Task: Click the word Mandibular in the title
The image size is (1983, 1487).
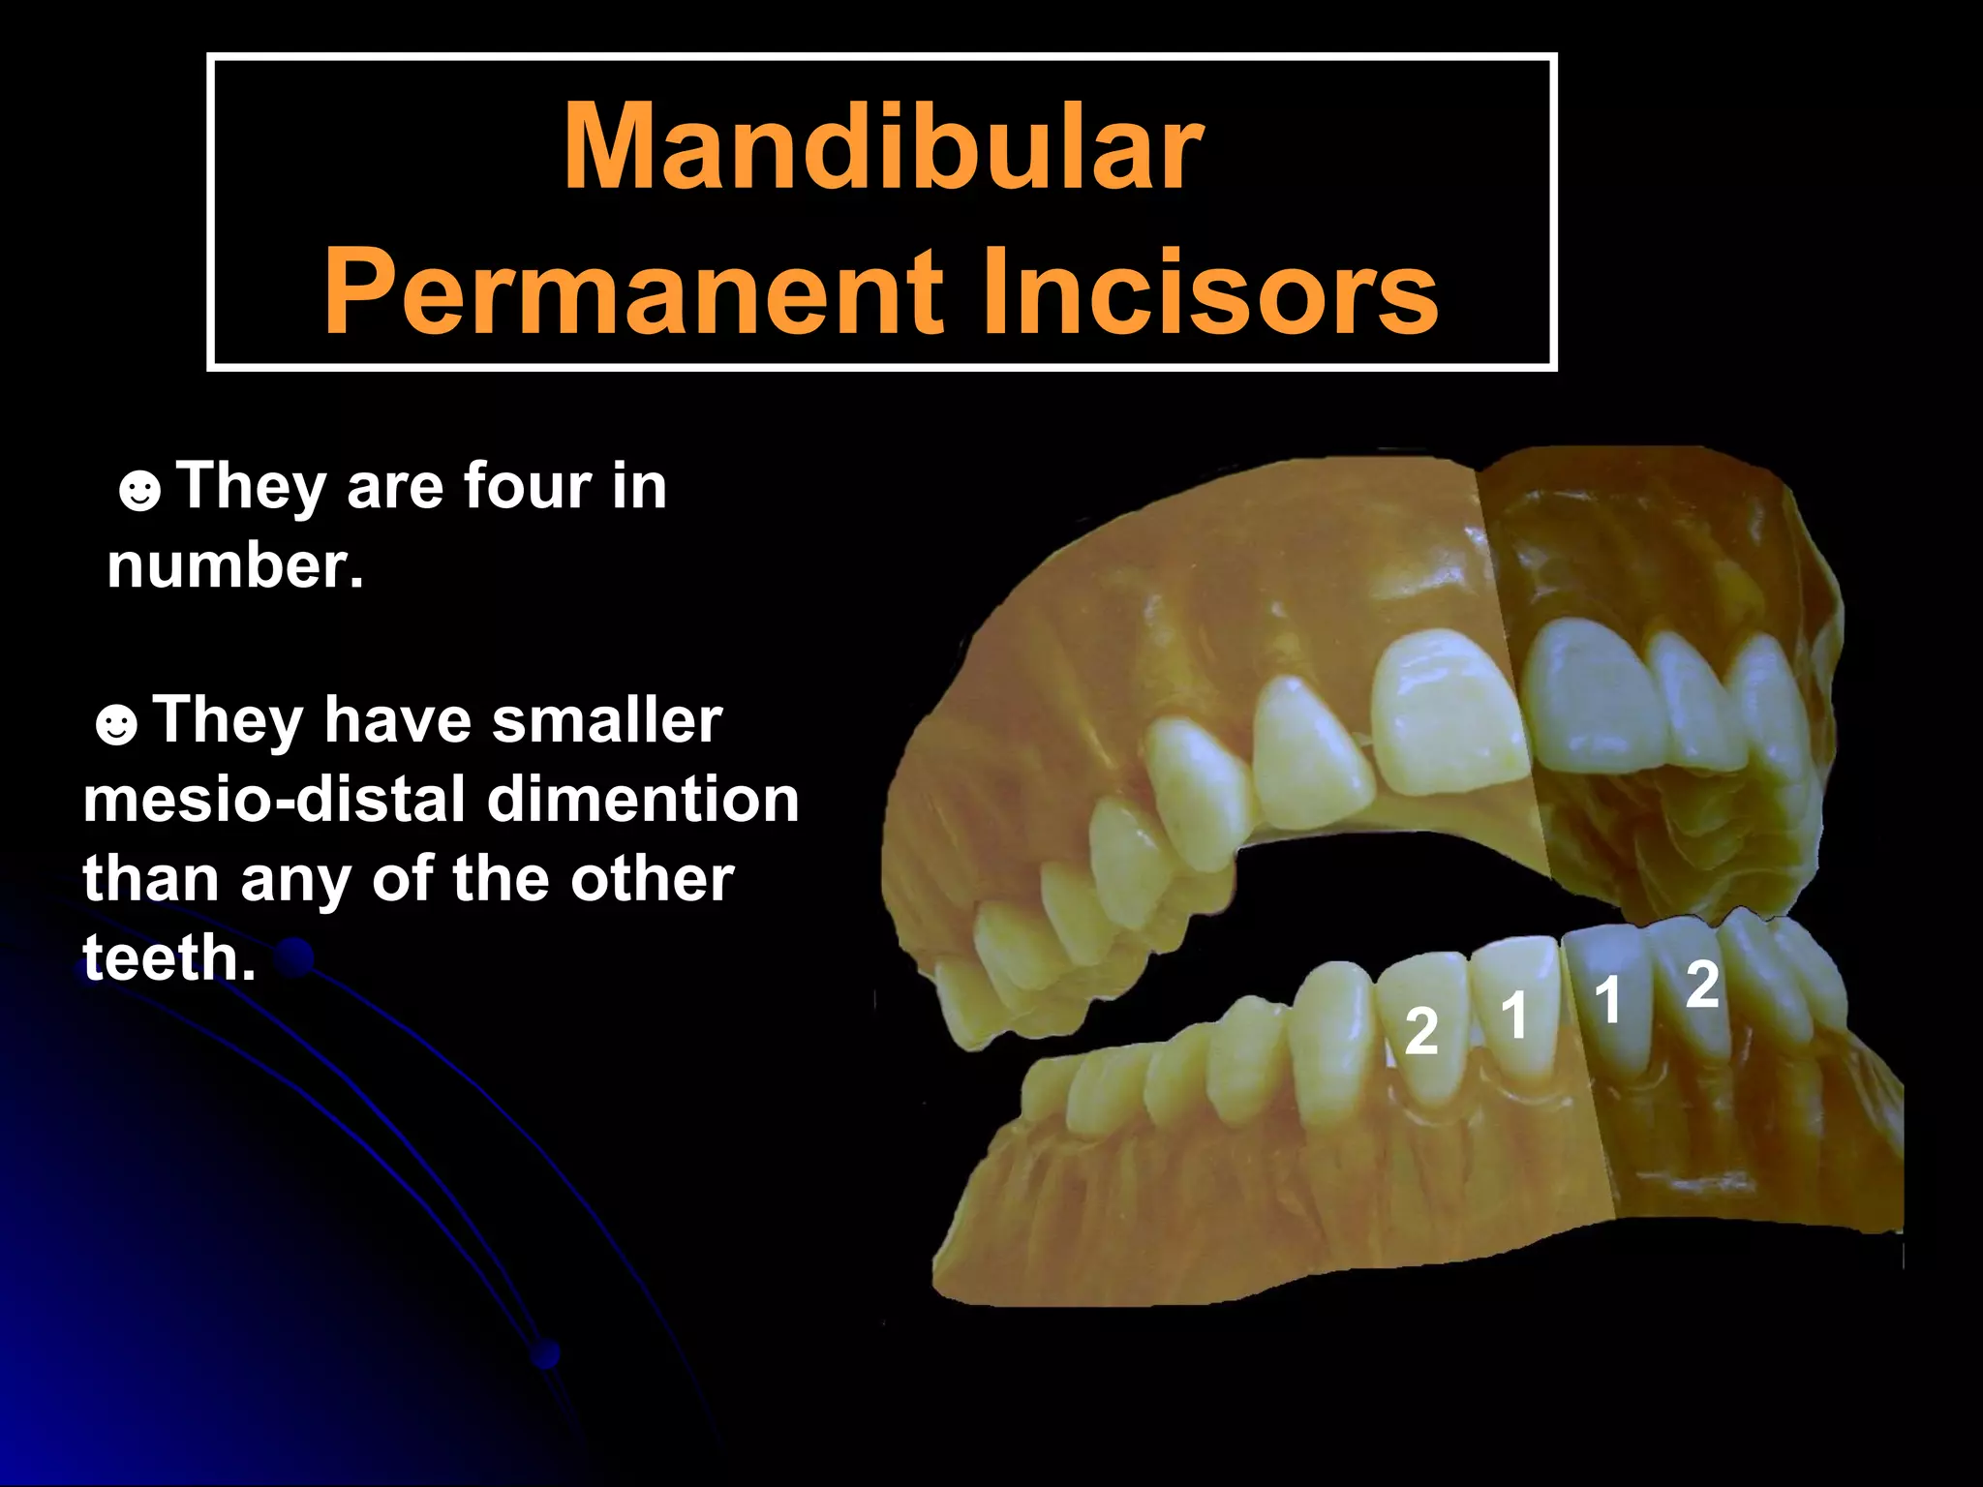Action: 882,147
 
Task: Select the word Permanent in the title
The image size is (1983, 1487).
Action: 632,291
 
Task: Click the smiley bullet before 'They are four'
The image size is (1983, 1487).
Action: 139,490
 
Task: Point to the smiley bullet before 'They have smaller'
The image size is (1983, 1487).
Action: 116,724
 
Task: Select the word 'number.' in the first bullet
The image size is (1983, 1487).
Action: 235,565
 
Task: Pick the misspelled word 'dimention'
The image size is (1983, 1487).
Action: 643,800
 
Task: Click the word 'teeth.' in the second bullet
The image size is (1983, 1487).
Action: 169,957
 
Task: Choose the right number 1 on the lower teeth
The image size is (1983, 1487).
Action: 1607,999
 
